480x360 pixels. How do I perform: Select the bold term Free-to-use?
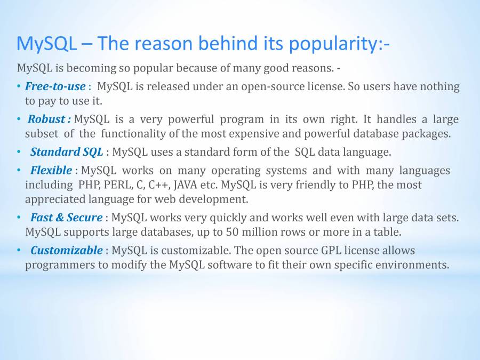pyautogui.click(x=55, y=86)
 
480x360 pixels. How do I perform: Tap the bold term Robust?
pyautogui.click(x=46, y=119)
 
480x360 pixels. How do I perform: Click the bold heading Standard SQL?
pyautogui.click(x=67, y=152)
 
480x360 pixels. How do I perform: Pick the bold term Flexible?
pyautogui.click(x=51, y=170)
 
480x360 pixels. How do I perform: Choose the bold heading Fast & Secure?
pyautogui.click(x=67, y=218)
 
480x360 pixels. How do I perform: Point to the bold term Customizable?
pyautogui.click(x=67, y=251)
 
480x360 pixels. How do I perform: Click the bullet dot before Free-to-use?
pyautogui.click(x=19, y=86)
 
